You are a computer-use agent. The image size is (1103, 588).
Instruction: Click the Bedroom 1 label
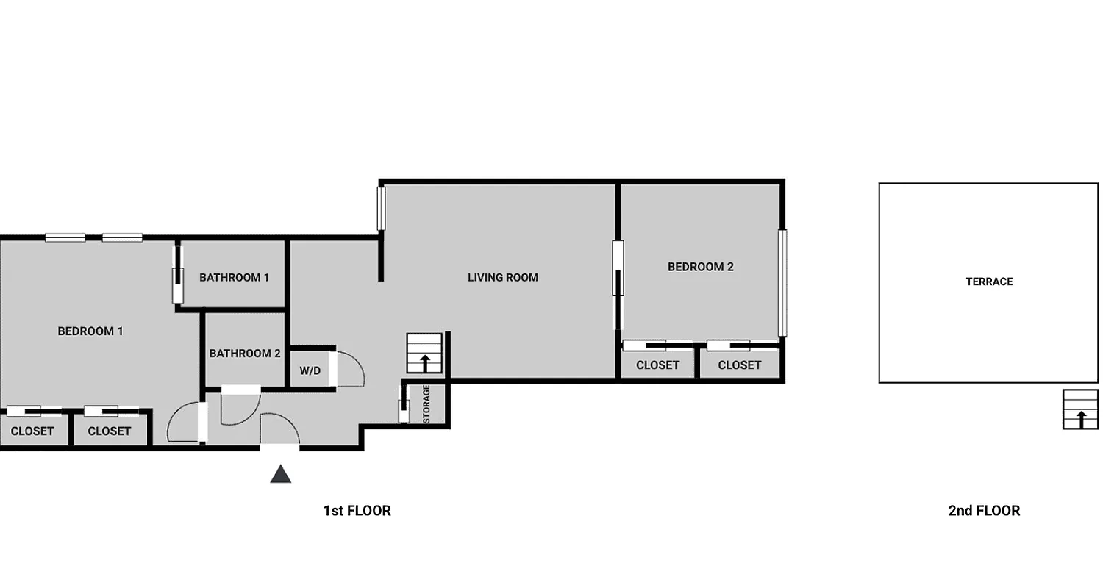pos(90,331)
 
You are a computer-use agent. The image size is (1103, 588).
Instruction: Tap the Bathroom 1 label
pos(234,278)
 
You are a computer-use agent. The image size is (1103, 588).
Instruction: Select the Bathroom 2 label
pos(245,354)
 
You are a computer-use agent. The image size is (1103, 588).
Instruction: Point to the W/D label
pos(310,371)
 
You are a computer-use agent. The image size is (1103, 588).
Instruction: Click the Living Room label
pos(503,278)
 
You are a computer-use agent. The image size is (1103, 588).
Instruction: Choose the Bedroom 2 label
pos(700,268)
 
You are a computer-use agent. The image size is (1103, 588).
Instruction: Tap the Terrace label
pos(989,282)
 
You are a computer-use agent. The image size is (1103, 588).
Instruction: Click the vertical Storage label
pos(426,404)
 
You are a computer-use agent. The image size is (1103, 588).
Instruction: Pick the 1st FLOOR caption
pos(357,511)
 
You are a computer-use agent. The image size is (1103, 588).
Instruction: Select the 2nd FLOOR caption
pos(984,511)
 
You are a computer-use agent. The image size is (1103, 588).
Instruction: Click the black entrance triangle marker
pos(281,474)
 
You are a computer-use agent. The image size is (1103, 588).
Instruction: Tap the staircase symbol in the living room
pos(424,354)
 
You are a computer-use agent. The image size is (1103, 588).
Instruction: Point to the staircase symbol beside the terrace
pos(1080,409)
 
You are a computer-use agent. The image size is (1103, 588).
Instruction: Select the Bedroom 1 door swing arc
pos(182,423)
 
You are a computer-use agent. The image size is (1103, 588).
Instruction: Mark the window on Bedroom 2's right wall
pos(782,283)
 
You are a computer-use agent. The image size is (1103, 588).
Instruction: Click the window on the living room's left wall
pos(382,209)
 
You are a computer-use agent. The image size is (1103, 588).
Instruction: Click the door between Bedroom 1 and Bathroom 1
pos(177,275)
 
